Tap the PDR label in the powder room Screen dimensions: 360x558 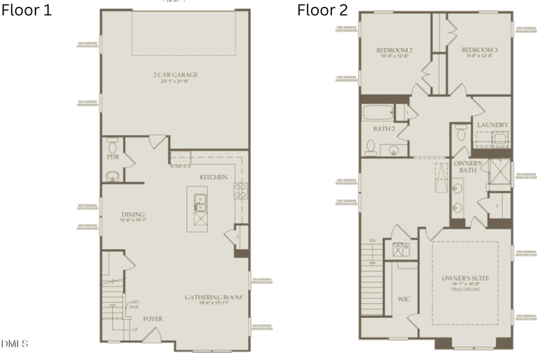[x=112, y=158]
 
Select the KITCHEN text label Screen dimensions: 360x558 [x=213, y=177]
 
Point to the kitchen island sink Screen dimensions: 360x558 [x=200, y=204]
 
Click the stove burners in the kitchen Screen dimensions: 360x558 [x=240, y=190]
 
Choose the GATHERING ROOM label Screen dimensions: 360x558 [x=213, y=297]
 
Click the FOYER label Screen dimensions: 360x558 [x=153, y=319]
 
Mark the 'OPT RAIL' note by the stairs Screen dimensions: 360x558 [x=135, y=305]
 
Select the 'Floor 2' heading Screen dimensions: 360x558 [x=322, y=10]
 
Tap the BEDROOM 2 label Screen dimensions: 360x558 [x=394, y=50]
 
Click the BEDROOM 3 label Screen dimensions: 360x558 [x=478, y=50]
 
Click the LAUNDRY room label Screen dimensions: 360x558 [x=492, y=126]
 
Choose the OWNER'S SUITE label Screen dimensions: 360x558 [x=465, y=278]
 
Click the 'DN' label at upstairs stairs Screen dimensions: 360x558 [x=372, y=240]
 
